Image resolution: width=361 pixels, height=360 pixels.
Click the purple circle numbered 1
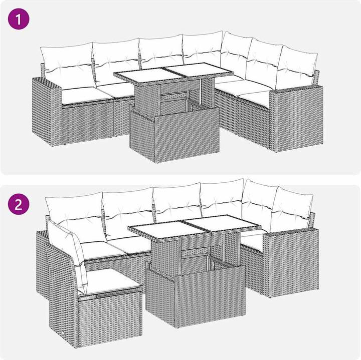coord(19,19)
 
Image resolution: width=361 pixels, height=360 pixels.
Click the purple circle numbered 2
coord(19,204)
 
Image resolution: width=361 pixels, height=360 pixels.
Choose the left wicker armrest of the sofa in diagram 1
coord(47,112)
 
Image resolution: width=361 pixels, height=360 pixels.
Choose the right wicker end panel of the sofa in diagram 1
coord(296,118)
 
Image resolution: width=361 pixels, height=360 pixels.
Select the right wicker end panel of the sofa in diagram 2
coord(291,263)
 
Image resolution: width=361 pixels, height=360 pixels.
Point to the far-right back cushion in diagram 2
coord(291,209)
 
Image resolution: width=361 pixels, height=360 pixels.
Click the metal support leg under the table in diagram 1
coord(201,92)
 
